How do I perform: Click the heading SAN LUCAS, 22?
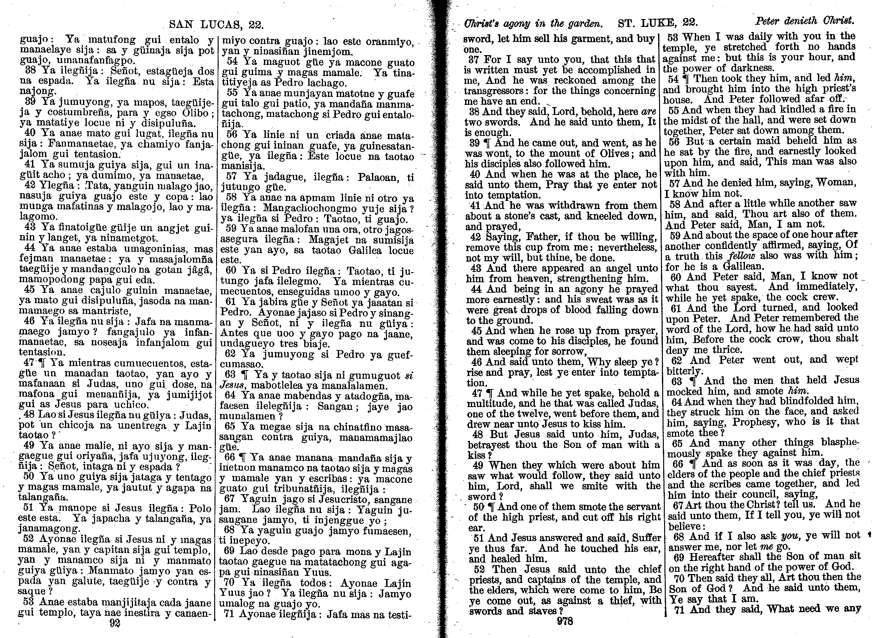tap(216, 25)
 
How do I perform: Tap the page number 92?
tap(115, 623)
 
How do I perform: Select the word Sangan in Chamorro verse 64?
tap(334, 406)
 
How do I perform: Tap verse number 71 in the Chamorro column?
tap(229, 614)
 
